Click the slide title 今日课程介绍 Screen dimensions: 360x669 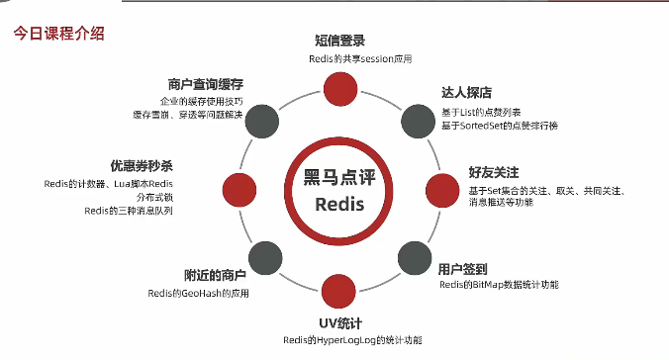tap(58, 34)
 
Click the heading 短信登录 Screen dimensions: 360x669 tap(340, 41)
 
